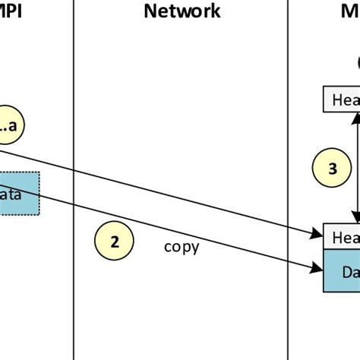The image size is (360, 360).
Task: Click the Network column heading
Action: click(182, 11)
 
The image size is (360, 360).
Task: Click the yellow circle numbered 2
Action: click(115, 242)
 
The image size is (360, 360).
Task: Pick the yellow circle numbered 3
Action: click(332, 169)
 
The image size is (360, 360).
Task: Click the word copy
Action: click(182, 247)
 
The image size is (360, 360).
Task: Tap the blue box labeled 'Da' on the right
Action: click(342, 270)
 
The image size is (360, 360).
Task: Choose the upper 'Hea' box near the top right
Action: click(342, 99)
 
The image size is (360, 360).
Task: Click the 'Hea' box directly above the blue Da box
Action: click(342, 236)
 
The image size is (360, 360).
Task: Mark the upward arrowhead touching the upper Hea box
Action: click(355, 115)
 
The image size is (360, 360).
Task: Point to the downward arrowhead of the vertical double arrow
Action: click(355, 219)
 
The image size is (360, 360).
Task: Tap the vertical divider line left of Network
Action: click(74, 182)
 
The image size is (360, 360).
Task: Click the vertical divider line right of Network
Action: click(289, 182)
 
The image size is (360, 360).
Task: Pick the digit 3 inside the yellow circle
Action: click(332, 169)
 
